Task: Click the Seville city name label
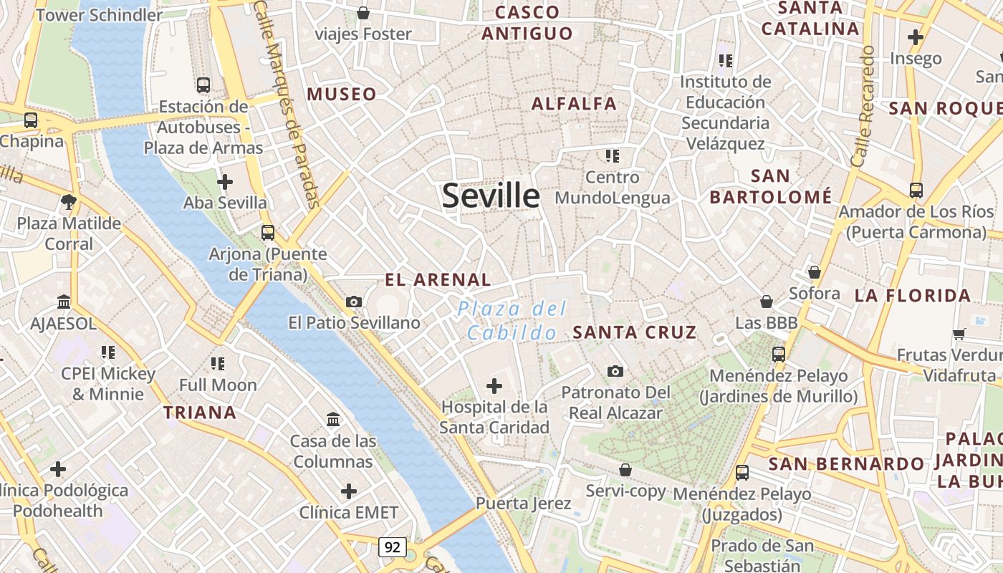tap(491, 196)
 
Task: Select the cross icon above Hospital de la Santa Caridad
tap(494, 387)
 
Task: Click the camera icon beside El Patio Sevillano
tap(353, 302)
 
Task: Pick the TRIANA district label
tap(200, 413)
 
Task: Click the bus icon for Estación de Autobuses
tap(203, 85)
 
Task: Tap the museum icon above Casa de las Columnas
tap(333, 419)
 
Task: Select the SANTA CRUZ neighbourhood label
tap(635, 332)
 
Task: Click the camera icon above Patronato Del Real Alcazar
tap(615, 371)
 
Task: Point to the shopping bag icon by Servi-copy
tap(625, 470)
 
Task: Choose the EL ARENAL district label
tap(438, 280)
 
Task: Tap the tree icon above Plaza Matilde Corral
tap(69, 202)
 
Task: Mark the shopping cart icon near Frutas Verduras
tap(959, 334)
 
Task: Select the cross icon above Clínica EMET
tap(348, 491)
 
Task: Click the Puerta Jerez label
tap(524, 504)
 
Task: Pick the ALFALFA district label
tap(574, 104)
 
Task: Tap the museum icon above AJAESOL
tap(63, 302)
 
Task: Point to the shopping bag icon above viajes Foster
tap(363, 13)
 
